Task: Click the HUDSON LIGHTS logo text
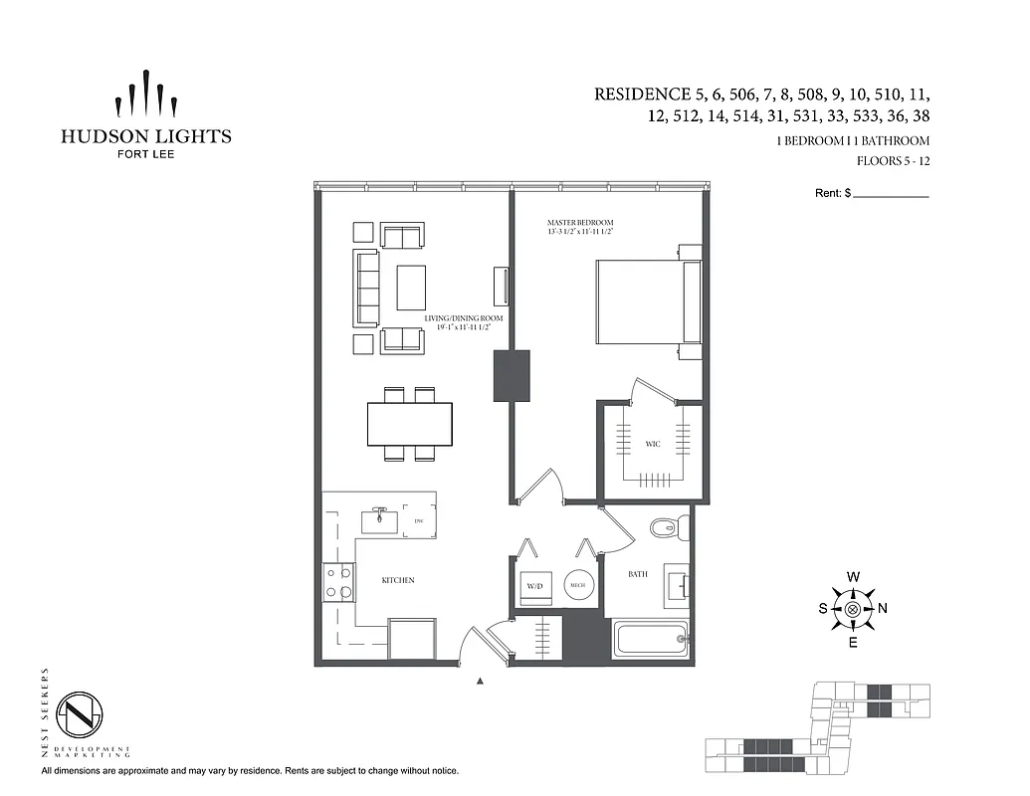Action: [145, 136]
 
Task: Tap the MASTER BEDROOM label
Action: [579, 222]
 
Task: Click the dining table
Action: [409, 425]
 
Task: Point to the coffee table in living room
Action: [411, 288]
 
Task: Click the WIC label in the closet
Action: [652, 444]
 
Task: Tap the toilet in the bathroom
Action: [664, 528]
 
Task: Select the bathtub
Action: [651, 639]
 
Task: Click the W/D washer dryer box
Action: [535, 587]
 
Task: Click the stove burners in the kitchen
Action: [338, 581]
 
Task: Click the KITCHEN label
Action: [398, 580]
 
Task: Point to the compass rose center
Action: [853, 609]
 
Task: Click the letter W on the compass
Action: [853, 577]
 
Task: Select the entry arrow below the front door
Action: [481, 682]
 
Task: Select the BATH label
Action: [638, 574]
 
